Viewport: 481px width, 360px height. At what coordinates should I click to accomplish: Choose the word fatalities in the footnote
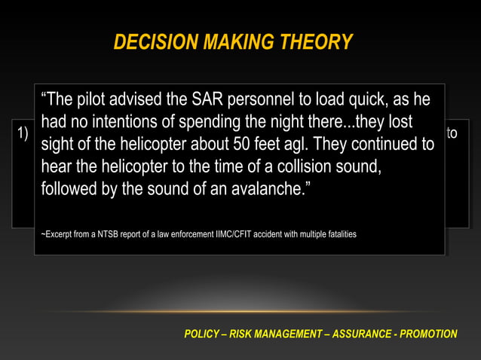point(339,235)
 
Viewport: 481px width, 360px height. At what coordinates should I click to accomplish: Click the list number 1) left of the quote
point(22,134)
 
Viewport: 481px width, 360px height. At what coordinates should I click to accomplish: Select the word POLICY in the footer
point(202,334)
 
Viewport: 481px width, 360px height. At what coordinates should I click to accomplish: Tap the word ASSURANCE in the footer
point(366,334)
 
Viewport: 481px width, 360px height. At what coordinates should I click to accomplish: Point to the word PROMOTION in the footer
point(430,334)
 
